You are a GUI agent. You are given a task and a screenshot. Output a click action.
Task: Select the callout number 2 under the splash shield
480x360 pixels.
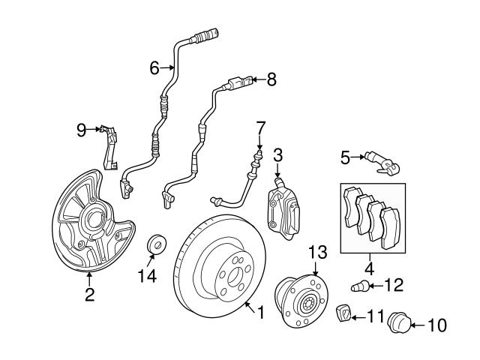[x=89, y=295]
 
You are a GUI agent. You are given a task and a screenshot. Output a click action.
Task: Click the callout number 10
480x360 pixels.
[x=436, y=325]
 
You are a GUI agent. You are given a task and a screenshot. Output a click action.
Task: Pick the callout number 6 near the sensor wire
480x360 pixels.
[x=155, y=68]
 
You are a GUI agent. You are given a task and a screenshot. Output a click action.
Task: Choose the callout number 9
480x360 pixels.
[x=81, y=130]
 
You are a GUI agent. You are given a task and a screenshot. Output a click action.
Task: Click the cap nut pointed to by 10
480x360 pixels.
[x=397, y=324]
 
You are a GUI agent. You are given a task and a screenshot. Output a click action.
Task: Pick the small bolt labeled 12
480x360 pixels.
[x=359, y=285]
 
